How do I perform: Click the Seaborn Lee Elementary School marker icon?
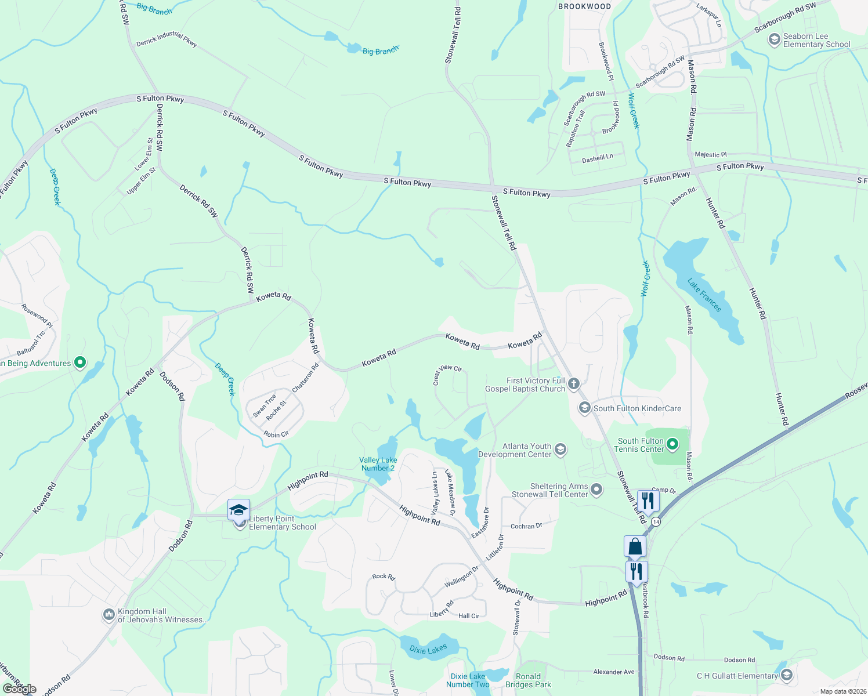click(x=774, y=39)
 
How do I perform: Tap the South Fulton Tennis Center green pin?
click(x=672, y=445)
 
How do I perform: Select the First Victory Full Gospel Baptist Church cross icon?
click(x=574, y=383)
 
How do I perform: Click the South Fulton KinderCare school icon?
click(x=584, y=408)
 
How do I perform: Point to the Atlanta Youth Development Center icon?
click(x=560, y=449)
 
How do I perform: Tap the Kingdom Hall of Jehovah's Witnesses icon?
click(x=108, y=615)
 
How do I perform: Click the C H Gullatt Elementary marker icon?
click(x=787, y=675)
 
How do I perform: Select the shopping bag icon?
click(x=635, y=546)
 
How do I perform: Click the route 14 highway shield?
click(x=656, y=522)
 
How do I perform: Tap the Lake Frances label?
click(x=704, y=295)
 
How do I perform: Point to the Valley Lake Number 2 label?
click(x=378, y=464)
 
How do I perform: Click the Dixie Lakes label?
click(x=428, y=649)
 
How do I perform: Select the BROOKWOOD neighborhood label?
click(x=584, y=6)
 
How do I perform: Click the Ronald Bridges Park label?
click(x=529, y=680)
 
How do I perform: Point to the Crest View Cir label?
click(x=447, y=375)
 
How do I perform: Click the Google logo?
click(x=19, y=689)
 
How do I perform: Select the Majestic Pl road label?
click(x=711, y=155)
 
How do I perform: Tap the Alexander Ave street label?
click(x=614, y=672)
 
